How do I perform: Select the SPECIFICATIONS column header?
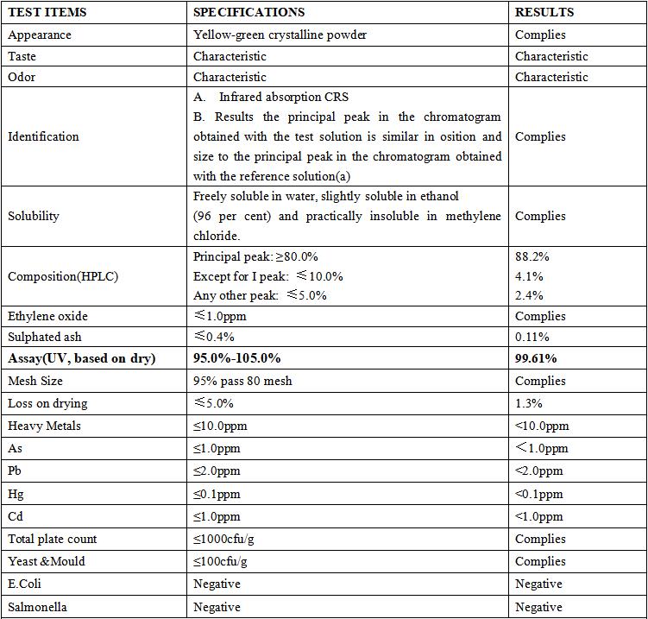point(249,12)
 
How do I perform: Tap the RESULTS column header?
point(544,12)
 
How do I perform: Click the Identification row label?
point(43,136)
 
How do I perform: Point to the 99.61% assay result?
point(536,358)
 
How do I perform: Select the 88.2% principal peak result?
point(532,256)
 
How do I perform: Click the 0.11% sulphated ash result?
point(532,337)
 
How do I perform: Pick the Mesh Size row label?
point(35,381)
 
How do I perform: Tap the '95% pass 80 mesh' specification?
point(242,381)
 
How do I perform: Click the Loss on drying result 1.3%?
point(529,403)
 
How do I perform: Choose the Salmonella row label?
point(37,607)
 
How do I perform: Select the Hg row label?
point(16,494)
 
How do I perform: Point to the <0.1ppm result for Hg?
point(539,494)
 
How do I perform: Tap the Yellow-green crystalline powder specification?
point(280,35)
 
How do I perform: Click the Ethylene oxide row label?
point(47,316)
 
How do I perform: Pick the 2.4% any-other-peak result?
point(529,295)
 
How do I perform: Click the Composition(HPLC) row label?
point(63,276)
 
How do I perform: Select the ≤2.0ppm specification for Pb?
point(217,471)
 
